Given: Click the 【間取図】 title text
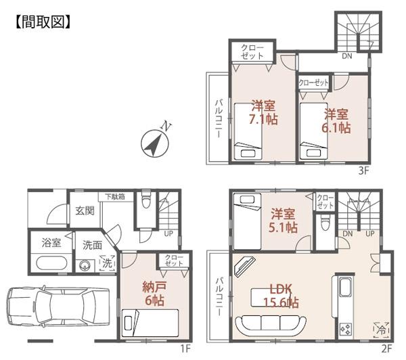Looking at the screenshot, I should (x=43, y=22).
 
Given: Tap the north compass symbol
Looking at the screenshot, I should (x=154, y=143).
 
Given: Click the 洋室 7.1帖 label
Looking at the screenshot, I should (x=263, y=112).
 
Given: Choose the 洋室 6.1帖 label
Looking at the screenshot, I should (x=336, y=120).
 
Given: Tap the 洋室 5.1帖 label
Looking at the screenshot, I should (x=281, y=221).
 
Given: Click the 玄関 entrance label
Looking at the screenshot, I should (x=85, y=211).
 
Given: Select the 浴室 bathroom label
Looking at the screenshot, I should (x=51, y=242).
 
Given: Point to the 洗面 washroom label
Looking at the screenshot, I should (x=93, y=245).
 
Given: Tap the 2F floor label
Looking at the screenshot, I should (x=386, y=348).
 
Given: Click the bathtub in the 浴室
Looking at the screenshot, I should (x=48, y=263).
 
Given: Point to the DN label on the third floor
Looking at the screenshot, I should (x=346, y=56).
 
